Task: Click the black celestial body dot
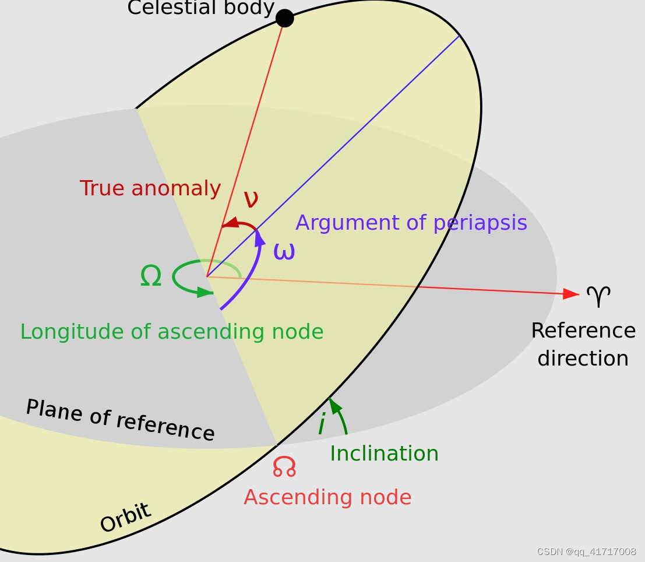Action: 284,18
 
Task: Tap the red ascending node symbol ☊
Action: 284,466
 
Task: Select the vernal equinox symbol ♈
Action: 598,297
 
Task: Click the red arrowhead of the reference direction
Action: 572,294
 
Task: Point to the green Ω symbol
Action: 151,276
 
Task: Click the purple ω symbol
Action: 284,252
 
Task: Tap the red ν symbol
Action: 251,199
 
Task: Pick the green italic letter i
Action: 321,424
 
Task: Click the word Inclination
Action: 384,454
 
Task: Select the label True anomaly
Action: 150,188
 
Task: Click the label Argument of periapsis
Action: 411,223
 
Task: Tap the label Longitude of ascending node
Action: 171,332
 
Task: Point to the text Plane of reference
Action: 120,420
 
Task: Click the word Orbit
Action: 125,518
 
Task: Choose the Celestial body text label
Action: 200,8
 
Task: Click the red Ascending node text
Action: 327,497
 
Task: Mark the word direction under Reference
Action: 583,359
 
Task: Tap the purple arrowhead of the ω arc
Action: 259,237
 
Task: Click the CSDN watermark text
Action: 586,552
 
